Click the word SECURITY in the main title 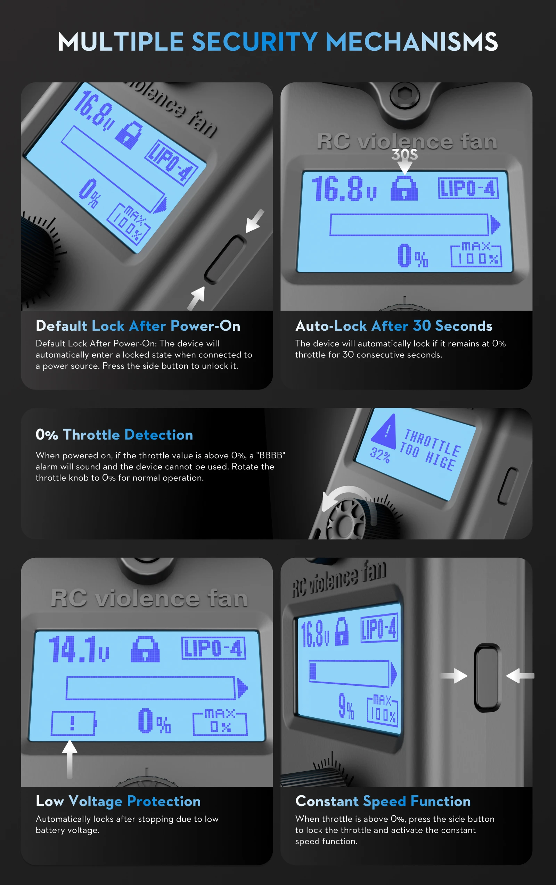click(x=254, y=41)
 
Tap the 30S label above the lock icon click(x=404, y=154)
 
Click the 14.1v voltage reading click(x=79, y=650)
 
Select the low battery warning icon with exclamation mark click(x=73, y=723)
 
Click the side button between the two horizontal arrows click(x=487, y=677)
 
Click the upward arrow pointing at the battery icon click(x=69, y=759)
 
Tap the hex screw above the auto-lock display click(x=404, y=95)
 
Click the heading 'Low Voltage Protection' click(x=118, y=801)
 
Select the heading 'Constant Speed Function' click(x=383, y=801)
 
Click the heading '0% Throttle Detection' click(x=114, y=435)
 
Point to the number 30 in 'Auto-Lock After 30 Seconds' click(x=422, y=326)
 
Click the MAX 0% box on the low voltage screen click(x=220, y=723)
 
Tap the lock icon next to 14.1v click(x=145, y=649)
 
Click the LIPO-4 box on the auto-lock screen click(x=468, y=188)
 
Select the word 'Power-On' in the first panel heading click(x=205, y=326)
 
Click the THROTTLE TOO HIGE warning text click(x=430, y=450)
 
